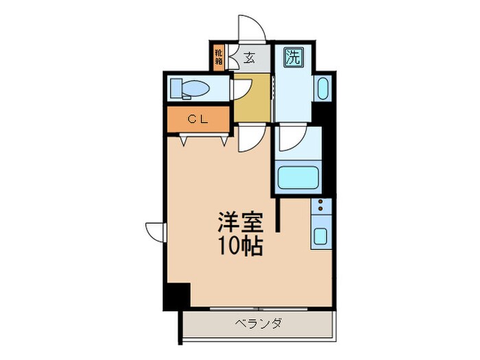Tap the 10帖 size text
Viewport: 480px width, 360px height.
[x=239, y=245]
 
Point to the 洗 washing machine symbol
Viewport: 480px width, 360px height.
[x=293, y=58]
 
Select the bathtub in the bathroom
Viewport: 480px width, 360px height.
[x=298, y=178]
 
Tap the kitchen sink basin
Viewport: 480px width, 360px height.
[x=321, y=237]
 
